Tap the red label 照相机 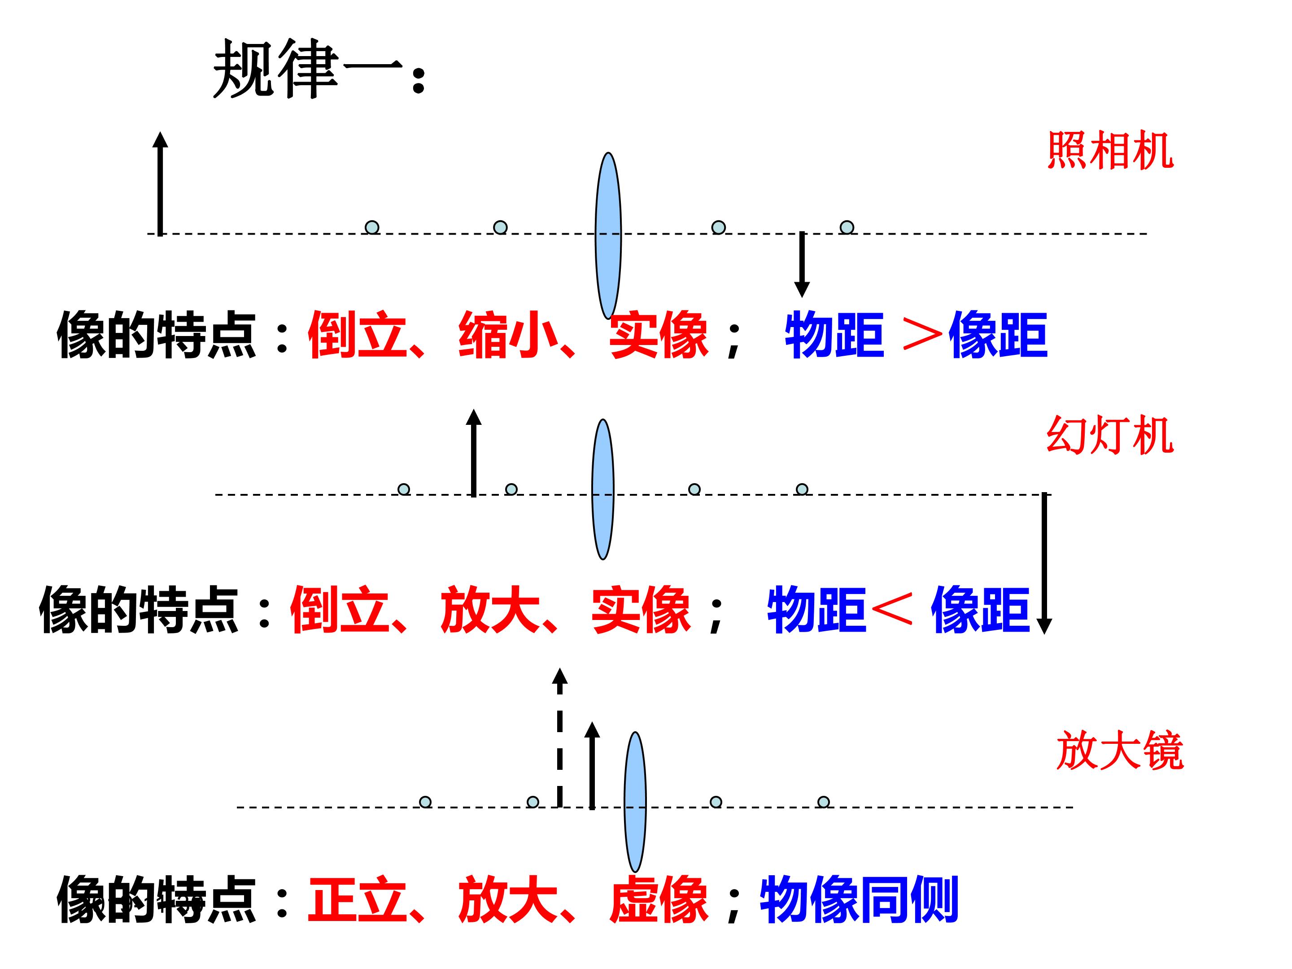pos(1110,150)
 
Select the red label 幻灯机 pos(1110,435)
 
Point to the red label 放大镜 pos(1120,751)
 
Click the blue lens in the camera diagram pos(608,236)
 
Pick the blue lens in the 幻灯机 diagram pos(603,489)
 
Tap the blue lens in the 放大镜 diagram pos(636,802)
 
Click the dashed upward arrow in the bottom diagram pos(559,738)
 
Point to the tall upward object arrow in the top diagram pos(160,183)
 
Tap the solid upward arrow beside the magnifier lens pos(592,766)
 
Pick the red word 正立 pos(358,899)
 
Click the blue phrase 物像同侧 pos(859,899)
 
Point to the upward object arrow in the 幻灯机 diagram pos(474,453)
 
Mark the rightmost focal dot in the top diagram pos(847,227)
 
